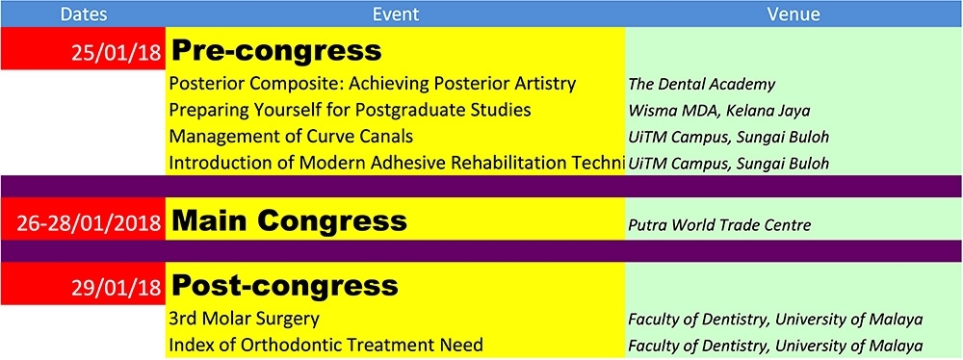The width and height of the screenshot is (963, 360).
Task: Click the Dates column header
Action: [84, 14]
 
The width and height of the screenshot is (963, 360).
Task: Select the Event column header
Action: [396, 14]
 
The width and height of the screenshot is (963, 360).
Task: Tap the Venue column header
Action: [793, 14]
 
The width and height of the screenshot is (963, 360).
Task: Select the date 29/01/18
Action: [117, 287]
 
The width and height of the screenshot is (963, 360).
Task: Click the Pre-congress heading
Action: [276, 52]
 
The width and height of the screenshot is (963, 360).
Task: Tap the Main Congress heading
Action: [289, 220]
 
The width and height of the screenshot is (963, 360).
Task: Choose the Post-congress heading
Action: [284, 286]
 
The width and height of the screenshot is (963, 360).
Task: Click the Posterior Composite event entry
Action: [372, 83]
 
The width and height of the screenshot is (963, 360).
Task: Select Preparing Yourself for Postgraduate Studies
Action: [351, 110]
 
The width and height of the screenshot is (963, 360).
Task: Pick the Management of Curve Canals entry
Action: [291, 136]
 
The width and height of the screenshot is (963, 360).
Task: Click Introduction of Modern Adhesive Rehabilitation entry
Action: [397, 163]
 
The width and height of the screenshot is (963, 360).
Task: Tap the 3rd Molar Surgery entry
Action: [245, 319]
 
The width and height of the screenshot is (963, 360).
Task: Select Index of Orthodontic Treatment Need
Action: [325, 345]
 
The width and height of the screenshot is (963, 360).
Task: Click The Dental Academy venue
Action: [701, 84]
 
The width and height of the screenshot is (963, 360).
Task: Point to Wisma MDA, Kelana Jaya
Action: [719, 112]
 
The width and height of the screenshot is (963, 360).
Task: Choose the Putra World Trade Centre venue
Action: [719, 225]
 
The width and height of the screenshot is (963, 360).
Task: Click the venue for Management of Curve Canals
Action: [728, 137]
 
